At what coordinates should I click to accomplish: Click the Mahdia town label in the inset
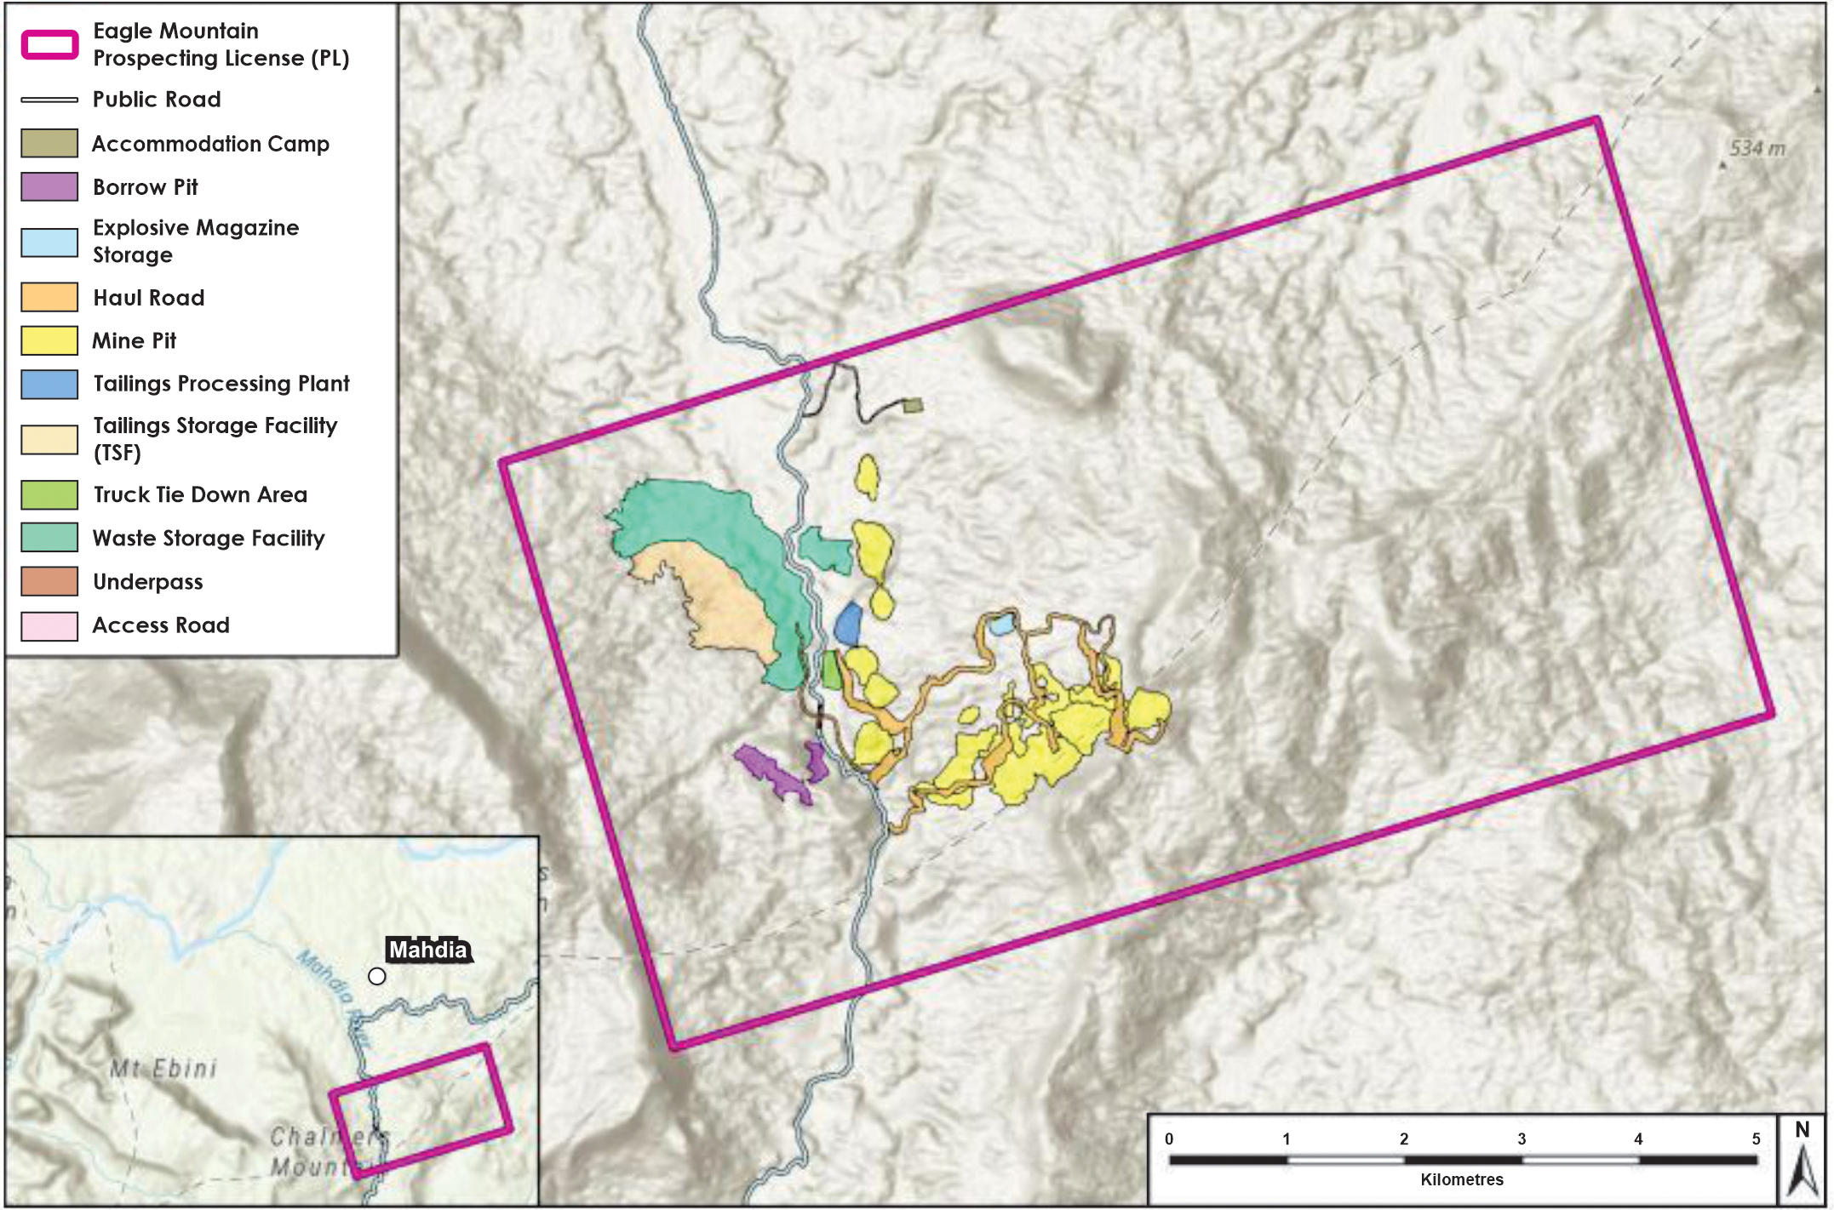coord(428,950)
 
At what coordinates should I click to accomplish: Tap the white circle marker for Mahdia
coord(377,976)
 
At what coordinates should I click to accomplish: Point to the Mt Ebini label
coord(163,1069)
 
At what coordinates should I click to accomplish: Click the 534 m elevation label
coord(1757,149)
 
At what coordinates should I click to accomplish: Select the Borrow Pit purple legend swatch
coord(49,186)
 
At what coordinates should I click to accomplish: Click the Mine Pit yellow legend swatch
coord(49,340)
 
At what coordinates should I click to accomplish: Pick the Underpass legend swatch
coord(49,582)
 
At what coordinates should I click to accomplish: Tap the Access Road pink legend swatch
coord(49,625)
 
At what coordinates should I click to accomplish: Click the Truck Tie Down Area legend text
coord(200,494)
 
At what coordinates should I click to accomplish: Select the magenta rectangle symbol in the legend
coord(49,44)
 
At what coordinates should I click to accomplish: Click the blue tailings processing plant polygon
coord(848,624)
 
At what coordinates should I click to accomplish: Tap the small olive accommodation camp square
coord(913,406)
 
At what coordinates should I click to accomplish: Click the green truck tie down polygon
coord(832,670)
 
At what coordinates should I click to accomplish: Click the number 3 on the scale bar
coord(1522,1139)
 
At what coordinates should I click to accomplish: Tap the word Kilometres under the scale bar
coord(1461,1179)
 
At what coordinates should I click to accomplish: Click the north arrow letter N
coord(1802,1130)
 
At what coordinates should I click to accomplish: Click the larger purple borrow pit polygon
coord(771,772)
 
